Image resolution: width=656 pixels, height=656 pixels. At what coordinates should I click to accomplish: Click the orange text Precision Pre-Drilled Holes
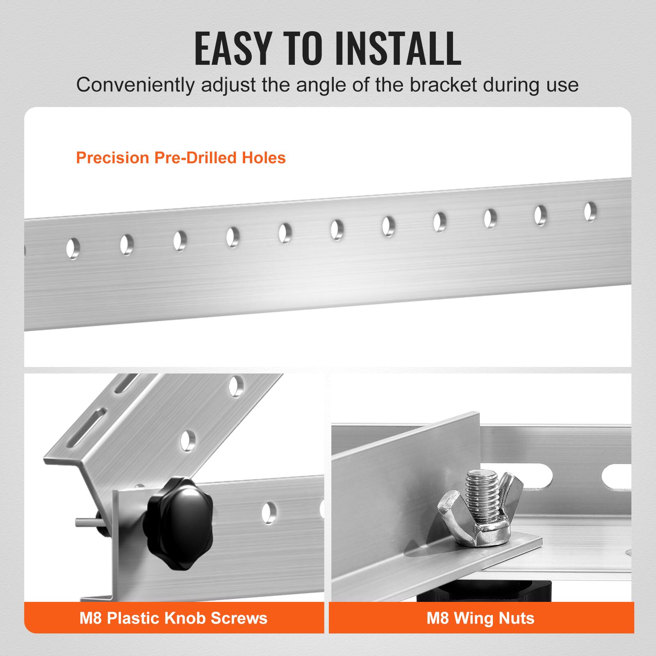(181, 158)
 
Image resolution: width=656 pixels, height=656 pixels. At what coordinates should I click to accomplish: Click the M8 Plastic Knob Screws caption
(173, 618)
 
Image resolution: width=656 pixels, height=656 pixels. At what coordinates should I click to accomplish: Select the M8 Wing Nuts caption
(481, 618)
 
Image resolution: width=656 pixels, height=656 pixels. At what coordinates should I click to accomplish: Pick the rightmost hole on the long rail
(590, 212)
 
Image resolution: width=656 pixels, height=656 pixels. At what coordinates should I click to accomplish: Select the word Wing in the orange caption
(479, 618)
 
